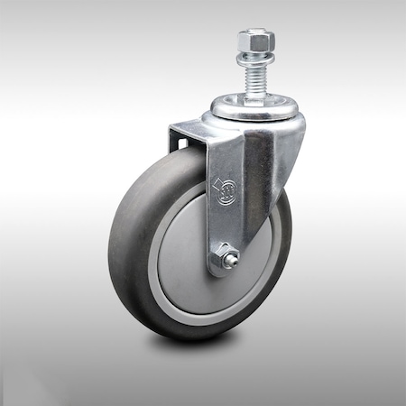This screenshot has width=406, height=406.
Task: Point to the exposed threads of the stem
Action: [254, 77]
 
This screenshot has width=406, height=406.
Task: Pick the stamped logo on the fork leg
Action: [225, 189]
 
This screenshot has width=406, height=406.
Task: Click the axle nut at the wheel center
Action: [222, 262]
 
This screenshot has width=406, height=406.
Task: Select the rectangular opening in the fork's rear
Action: [181, 143]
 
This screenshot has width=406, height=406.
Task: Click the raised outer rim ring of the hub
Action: [154, 271]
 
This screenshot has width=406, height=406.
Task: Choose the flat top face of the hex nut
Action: [254, 33]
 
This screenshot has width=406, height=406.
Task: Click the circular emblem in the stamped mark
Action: [229, 190]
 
